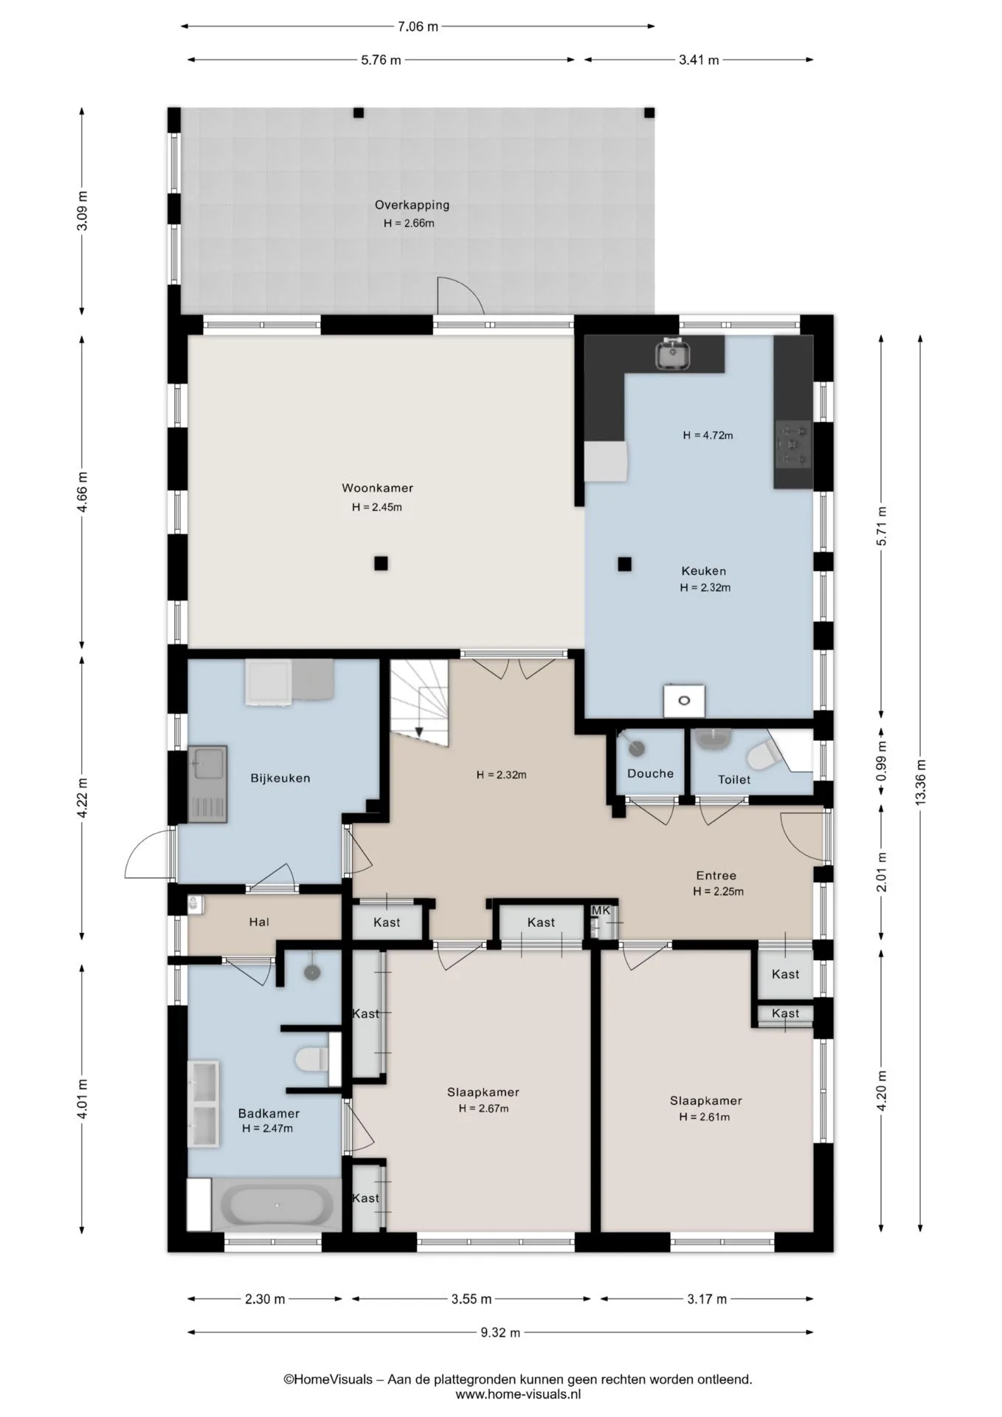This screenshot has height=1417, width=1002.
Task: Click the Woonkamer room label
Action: (377, 488)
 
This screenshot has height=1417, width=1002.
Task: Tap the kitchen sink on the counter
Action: (672, 353)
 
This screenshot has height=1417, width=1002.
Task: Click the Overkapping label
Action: (412, 205)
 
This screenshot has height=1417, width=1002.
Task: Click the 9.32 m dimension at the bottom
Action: (500, 1332)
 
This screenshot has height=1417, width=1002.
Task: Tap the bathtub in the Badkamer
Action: (278, 1206)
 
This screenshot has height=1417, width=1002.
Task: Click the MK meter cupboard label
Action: (601, 911)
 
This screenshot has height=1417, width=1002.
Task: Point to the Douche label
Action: (650, 773)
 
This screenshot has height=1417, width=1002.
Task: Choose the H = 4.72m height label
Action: (708, 435)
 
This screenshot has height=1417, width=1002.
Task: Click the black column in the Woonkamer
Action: (381, 564)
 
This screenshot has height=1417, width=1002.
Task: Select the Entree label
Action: (716, 876)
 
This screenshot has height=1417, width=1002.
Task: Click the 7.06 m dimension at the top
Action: (418, 27)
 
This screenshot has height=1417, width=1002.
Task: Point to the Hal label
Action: (259, 922)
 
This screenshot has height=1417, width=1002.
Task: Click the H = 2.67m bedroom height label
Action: (483, 1109)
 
